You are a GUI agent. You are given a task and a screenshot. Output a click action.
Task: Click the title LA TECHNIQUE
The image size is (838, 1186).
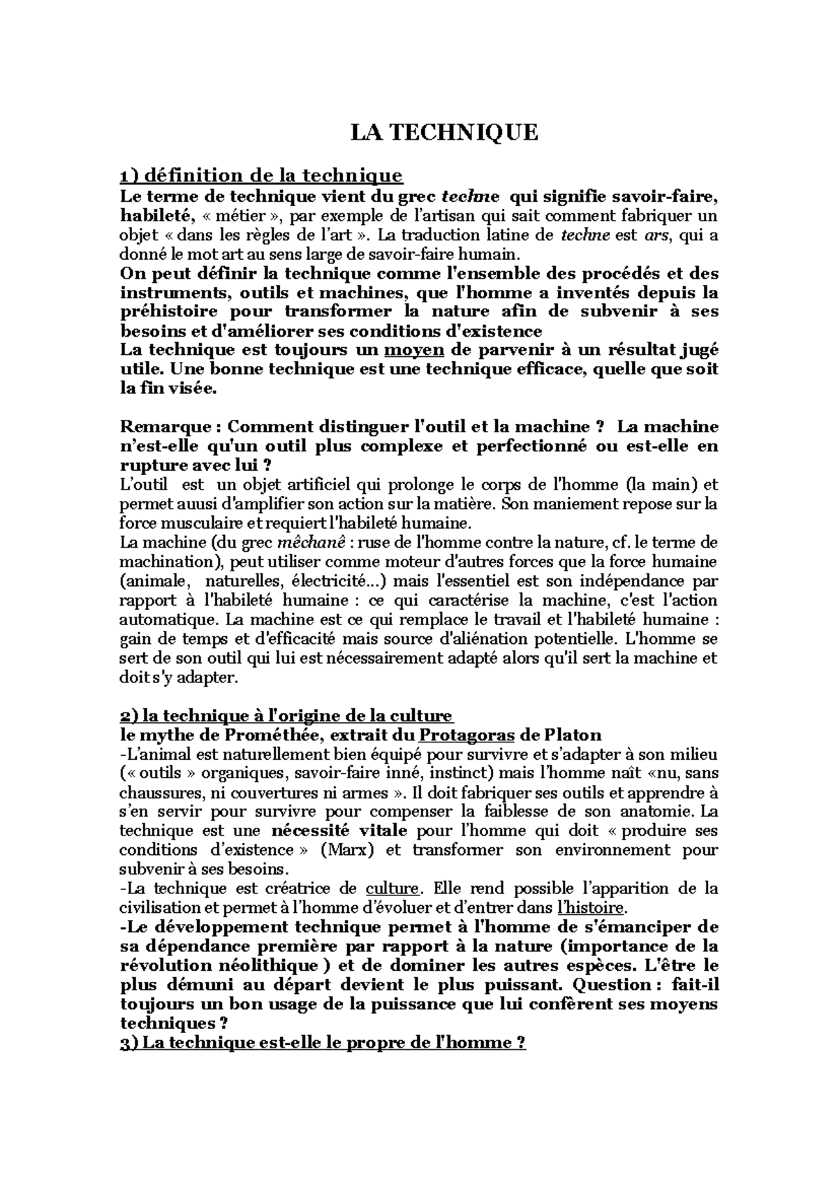coord(444,132)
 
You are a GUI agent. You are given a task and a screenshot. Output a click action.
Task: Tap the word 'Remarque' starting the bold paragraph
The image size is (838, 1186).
coord(165,426)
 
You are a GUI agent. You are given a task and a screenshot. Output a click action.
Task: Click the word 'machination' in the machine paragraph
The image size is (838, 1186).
coord(165,562)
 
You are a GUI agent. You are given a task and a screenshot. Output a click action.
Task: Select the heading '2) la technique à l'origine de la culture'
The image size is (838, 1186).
coord(286,716)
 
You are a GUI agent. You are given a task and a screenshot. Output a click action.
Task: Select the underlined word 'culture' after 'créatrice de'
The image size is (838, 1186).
coord(392,889)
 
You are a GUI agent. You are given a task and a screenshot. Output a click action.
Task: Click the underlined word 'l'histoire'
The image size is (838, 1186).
coord(594,908)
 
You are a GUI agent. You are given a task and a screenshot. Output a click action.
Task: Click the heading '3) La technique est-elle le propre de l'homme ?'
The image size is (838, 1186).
coord(323,1042)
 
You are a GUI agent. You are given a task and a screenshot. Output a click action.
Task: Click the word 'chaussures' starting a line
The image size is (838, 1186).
coord(155,793)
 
